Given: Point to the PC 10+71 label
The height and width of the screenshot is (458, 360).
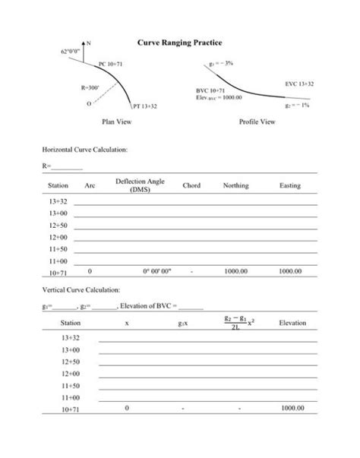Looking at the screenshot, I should [111, 65].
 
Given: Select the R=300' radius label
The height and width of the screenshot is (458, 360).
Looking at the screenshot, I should [90, 89].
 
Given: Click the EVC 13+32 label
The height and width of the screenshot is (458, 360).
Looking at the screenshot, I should [300, 83].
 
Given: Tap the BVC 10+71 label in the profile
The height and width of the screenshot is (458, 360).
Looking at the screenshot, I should [212, 90].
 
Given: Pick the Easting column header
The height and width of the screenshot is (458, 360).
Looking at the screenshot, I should [289, 185].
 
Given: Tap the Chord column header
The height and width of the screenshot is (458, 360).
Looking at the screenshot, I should [191, 185].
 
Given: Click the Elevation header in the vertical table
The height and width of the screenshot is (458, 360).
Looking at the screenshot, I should [292, 323].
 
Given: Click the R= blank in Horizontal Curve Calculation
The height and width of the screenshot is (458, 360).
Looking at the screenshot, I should [67, 166].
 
